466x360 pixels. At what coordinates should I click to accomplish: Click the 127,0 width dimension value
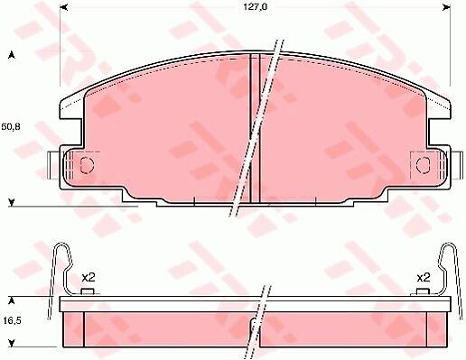(x=256, y=7)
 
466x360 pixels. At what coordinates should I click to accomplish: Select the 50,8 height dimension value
(x=11, y=126)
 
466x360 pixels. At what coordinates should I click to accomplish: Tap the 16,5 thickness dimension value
(x=12, y=321)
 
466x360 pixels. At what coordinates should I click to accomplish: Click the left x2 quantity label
(x=89, y=277)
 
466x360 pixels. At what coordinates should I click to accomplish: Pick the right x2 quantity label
(x=424, y=277)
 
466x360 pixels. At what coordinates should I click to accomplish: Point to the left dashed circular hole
(x=88, y=165)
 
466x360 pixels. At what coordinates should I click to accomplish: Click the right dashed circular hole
(x=424, y=165)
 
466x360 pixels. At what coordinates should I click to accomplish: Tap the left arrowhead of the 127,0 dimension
(x=64, y=7)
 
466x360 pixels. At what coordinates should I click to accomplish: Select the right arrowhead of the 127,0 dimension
(x=446, y=7)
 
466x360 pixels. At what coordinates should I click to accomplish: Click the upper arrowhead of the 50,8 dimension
(x=12, y=55)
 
